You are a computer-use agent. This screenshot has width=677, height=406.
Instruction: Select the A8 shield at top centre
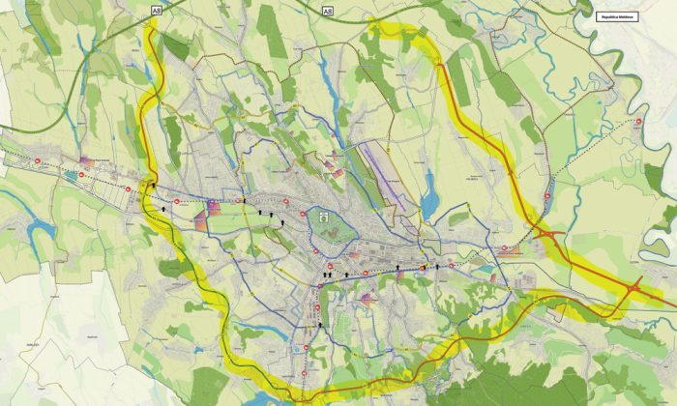tap(327, 12)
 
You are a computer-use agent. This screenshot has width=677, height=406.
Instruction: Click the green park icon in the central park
tap(326, 217)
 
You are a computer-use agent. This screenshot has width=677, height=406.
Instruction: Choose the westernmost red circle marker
tap(36, 159)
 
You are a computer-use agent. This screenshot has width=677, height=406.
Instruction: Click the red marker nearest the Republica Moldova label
tap(638, 121)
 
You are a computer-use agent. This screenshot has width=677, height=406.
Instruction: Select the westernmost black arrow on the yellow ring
tap(153, 183)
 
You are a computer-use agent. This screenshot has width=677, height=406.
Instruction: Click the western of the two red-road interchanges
tap(547, 235)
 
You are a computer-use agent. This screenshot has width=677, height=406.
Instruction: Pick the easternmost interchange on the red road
tap(633, 288)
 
